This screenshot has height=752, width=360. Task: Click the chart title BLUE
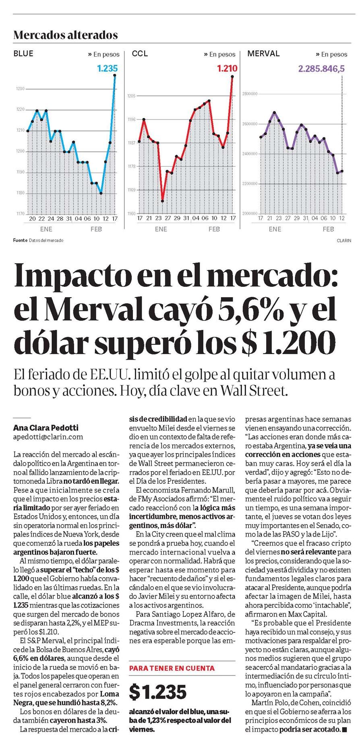23,54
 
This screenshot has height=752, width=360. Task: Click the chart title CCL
140,54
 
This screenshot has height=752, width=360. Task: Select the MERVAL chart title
263,54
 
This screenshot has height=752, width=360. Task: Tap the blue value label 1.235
108,68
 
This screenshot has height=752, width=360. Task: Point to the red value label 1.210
227,68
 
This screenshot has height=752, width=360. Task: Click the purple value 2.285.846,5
321,68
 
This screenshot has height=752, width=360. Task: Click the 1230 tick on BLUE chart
20,89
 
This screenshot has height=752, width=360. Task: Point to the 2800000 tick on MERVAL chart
250,94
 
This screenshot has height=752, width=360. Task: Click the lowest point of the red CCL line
162,201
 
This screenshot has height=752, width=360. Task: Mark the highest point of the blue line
115,75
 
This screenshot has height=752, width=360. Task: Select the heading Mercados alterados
66,35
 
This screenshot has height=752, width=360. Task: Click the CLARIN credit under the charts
344,240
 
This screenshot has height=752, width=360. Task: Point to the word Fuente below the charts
20,240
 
